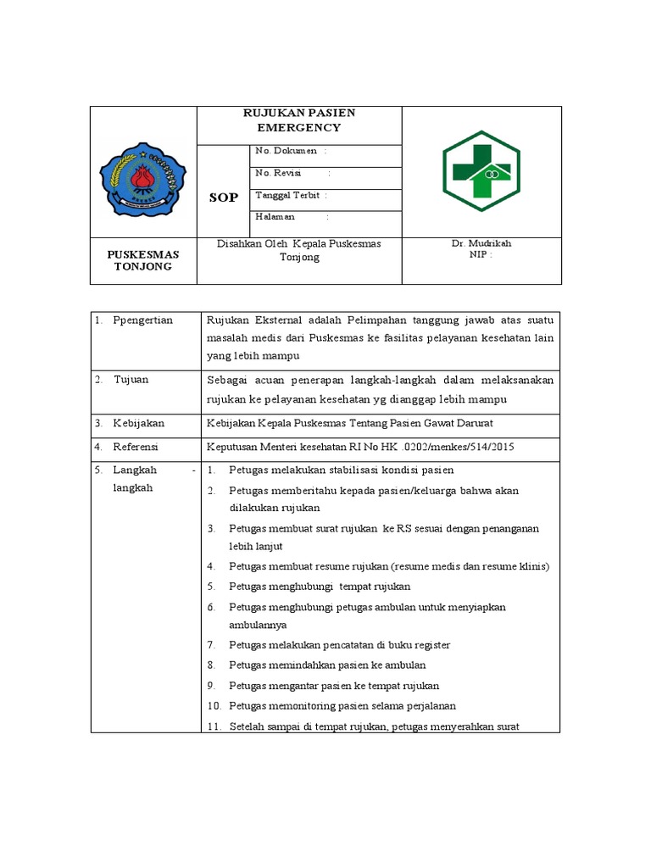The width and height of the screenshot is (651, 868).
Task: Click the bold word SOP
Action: coord(224,198)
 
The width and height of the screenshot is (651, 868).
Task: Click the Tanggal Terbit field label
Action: coord(289,195)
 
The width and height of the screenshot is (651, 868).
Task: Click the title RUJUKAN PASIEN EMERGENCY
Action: coord(299,120)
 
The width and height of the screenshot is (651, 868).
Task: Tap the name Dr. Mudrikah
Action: coord(481,243)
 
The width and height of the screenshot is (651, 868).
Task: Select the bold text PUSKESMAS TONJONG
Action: coord(142,259)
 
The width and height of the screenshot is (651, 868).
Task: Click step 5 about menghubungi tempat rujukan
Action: coord(320,587)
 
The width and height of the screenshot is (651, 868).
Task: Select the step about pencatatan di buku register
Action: coord(339,645)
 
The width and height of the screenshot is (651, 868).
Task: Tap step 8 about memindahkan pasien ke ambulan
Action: coord(327,665)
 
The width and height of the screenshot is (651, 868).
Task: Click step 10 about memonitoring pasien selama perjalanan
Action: coord(342,705)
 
